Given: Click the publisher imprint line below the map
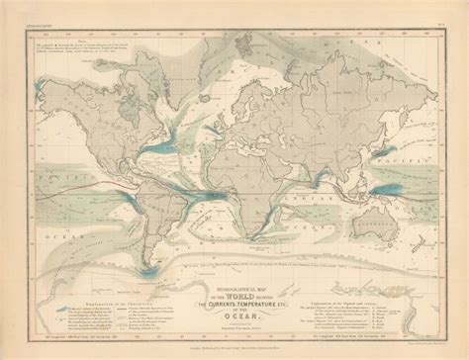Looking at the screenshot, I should pos(234,341).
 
